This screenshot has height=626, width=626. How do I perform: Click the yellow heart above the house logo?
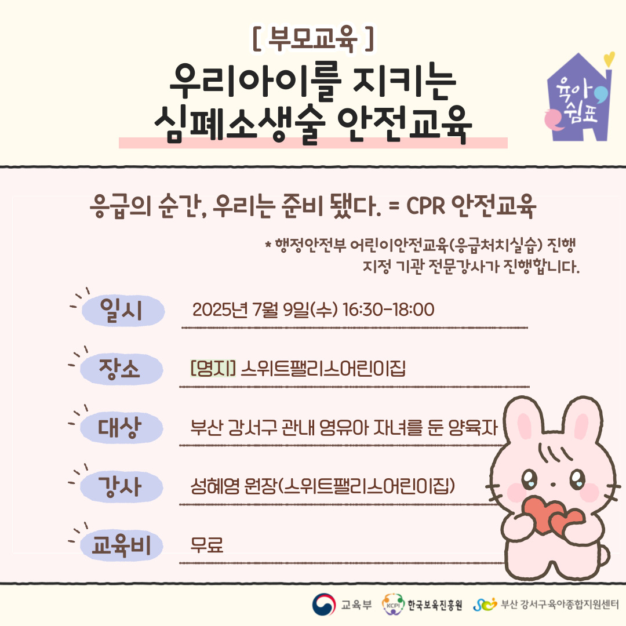(x=609, y=59)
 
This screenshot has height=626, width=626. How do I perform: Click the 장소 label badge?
(x=121, y=369)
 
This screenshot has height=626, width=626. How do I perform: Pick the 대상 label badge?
(x=121, y=428)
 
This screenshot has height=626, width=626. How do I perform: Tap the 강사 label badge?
(x=121, y=487)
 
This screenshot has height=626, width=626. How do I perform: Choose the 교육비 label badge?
(x=121, y=545)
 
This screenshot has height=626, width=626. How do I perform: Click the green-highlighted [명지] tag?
(x=213, y=368)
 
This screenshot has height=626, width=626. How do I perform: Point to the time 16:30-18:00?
(x=388, y=310)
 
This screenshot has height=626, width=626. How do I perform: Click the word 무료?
(x=207, y=544)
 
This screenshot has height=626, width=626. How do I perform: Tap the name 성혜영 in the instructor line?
(x=215, y=486)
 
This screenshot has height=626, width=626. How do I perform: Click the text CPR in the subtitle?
(x=425, y=206)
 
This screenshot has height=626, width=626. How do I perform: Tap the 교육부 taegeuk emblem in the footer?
(x=324, y=605)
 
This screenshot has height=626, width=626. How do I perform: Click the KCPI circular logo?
(x=393, y=605)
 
